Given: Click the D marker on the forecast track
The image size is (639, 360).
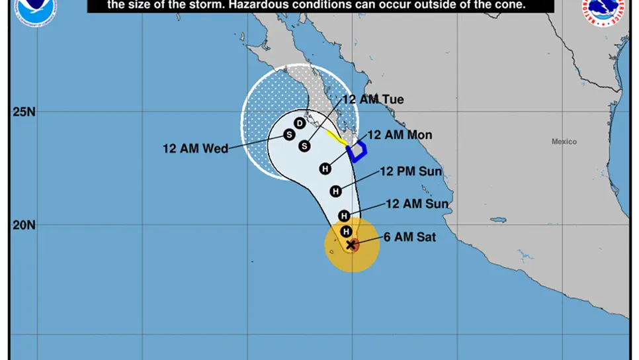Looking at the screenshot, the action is click(299, 123).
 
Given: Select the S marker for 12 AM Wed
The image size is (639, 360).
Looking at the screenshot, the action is click(289, 135).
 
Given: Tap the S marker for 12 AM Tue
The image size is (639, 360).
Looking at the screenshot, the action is click(304, 146).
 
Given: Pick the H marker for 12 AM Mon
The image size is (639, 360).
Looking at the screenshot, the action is click(325, 169).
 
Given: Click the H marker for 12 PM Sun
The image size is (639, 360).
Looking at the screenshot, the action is click(336, 191).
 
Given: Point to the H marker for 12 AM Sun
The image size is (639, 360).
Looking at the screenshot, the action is click(344, 216).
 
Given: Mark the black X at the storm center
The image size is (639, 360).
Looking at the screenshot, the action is click(351, 245).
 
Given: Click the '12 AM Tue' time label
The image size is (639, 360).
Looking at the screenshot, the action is click(372, 100).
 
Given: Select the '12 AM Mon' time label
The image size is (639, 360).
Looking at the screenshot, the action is click(400, 135).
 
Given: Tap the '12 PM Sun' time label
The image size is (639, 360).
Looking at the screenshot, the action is click(410, 172).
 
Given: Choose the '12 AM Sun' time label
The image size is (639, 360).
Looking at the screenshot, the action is click(417, 204).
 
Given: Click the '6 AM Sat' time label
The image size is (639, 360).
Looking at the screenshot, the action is click(409, 236).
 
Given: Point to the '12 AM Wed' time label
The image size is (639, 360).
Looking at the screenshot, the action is click(195, 148).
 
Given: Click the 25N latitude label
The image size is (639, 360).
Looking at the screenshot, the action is click(24, 111).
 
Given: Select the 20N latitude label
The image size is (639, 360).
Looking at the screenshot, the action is click(24, 225).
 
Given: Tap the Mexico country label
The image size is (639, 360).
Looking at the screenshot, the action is click(564, 142).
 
